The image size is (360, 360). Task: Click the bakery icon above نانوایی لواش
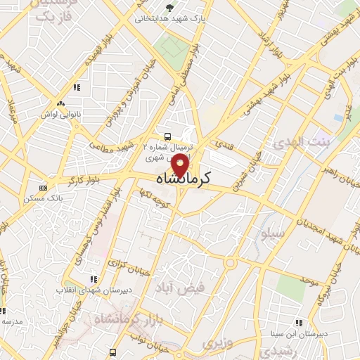click(x=76, y=88)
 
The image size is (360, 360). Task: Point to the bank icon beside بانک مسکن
click(x=44, y=188)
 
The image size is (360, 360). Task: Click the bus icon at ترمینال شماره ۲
click(x=167, y=136)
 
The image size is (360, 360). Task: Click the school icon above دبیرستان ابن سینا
click(x=299, y=323)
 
